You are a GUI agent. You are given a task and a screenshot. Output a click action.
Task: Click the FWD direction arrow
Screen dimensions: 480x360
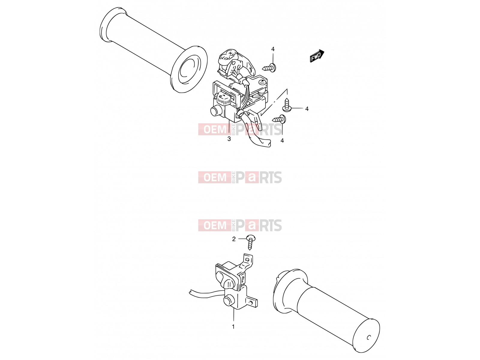point(317,56)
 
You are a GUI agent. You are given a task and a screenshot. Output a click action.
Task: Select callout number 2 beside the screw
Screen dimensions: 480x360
point(234,239)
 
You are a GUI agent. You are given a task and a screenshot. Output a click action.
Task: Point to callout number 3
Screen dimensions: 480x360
point(229,139)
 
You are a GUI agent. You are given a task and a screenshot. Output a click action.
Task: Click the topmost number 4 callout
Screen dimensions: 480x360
point(273,49)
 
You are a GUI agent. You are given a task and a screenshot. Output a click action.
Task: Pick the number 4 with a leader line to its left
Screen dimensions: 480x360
point(307,109)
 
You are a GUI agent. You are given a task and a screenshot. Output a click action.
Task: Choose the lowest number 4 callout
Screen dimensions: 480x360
point(282,141)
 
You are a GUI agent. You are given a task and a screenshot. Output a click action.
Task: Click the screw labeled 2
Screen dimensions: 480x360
point(250,242)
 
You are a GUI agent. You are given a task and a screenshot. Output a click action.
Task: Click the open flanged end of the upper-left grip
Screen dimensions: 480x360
point(189,69)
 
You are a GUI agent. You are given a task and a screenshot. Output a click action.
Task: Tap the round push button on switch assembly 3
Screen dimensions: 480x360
point(215,111)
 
